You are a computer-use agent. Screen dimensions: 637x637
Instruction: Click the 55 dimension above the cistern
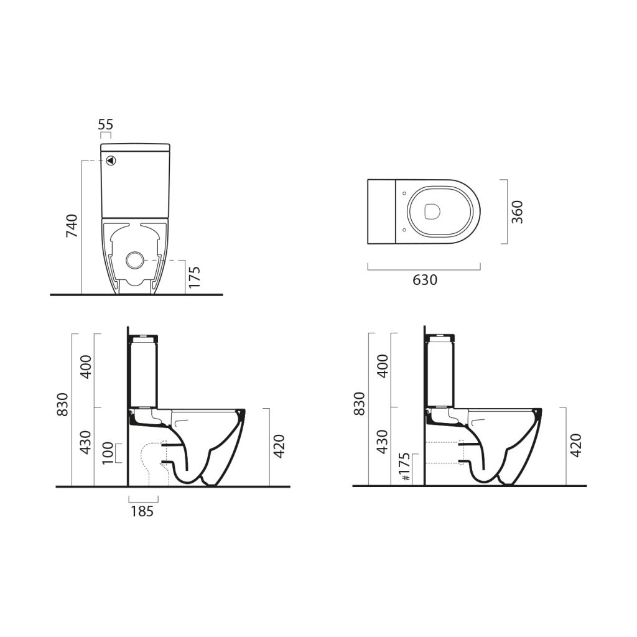pyautogui.click(x=106, y=124)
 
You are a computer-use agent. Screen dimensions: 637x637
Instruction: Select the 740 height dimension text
pyautogui.click(x=72, y=225)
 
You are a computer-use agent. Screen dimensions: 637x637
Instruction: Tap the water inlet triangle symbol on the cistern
pyautogui.click(x=111, y=160)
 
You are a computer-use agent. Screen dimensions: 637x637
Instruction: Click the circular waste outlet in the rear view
pyautogui.click(x=134, y=259)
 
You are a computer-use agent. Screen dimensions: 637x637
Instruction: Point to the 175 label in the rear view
pyautogui.click(x=194, y=277)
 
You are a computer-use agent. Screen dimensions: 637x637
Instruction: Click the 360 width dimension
pyautogui.click(x=517, y=212)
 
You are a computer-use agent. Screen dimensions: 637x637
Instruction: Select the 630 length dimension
pyautogui.click(x=425, y=280)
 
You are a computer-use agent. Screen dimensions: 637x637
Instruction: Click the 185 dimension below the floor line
pyautogui.click(x=142, y=511)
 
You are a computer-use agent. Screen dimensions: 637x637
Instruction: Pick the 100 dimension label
pyautogui.click(x=108, y=453)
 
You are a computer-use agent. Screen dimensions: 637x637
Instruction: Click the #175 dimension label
pyautogui.click(x=404, y=468)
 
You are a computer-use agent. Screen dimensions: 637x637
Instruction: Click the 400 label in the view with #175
pyautogui.click(x=383, y=366)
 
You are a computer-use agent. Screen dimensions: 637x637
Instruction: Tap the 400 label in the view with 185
pyautogui.click(x=86, y=366)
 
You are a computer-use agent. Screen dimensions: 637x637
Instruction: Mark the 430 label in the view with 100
pyautogui.click(x=86, y=442)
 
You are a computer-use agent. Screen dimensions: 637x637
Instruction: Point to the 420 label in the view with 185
pyautogui.click(x=279, y=445)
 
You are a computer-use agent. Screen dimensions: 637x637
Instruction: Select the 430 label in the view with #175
pyautogui.click(x=383, y=442)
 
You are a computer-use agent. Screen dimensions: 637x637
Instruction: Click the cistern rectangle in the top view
pyautogui.click(x=381, y=212)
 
